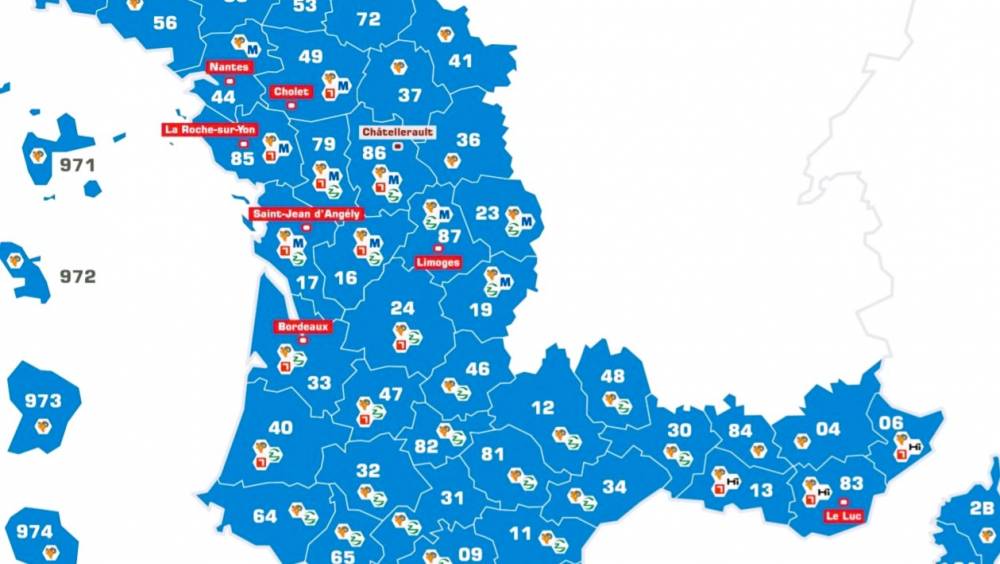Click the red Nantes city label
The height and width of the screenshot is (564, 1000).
point(228,67)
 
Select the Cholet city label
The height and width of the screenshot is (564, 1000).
point(291,91)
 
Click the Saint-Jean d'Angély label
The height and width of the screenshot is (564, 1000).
point(306,214)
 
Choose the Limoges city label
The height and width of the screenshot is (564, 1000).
point(438,262)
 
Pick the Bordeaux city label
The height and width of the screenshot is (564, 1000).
point(302,326)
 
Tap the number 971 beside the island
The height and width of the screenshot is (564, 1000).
point(77,165)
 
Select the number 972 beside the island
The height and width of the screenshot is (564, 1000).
point(77,276)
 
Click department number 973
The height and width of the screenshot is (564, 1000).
point(43,401)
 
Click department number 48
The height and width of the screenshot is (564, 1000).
point(612,377)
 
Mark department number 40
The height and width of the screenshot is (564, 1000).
point(280,428)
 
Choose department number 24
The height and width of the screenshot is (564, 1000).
point(402,308)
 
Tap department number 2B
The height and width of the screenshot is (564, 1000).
point(981,507)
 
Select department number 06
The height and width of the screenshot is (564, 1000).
point(890,423)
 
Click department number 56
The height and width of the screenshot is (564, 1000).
point(165,23)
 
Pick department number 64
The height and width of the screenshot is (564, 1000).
point(265,516)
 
